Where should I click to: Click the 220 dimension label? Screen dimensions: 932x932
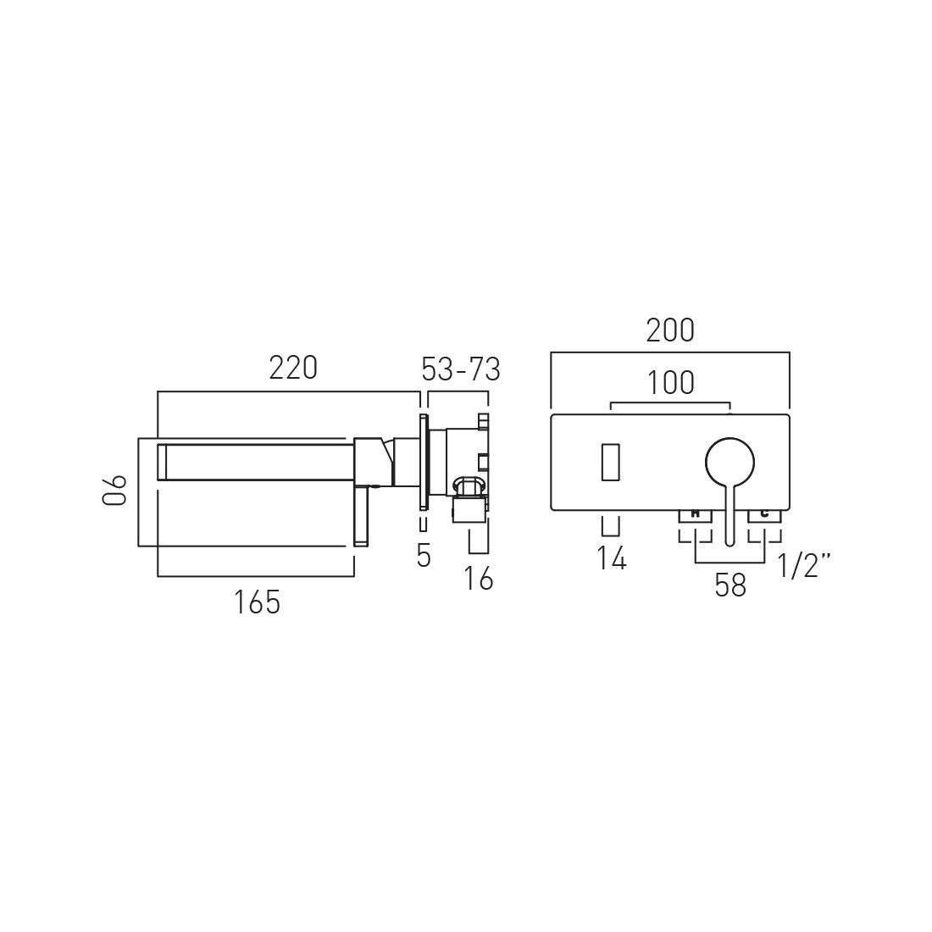click(x=293, y=368)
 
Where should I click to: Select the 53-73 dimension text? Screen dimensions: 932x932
click(x=461, y=369)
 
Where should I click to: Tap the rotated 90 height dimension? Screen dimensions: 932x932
click(x=114, y=490)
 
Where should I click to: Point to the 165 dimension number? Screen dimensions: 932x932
click(x=257, y=602)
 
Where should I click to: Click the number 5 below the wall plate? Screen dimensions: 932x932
click(x=423, y=557)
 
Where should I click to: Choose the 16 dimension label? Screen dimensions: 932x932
click(x=479, y=579)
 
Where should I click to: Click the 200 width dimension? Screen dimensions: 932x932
click(x=670, y=330)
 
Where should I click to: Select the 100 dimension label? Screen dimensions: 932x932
click(x=670, y=383)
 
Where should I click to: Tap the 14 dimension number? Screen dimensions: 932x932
click(x=612, y=558)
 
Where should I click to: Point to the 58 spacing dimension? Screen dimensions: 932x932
click(x=730, y=585)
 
